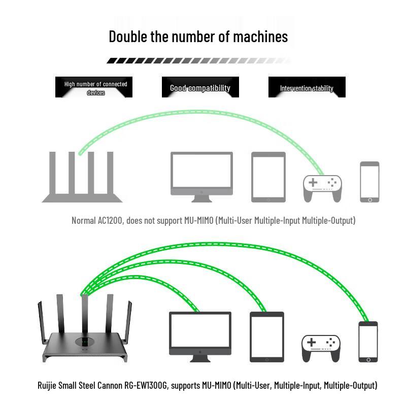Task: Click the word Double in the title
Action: click(128, 37)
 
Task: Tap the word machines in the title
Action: click(260, 37)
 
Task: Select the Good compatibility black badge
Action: click(200, 87)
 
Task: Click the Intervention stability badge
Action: click(307, 87)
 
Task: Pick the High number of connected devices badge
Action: click(94, 87)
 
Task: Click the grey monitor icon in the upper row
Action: click(201, 177)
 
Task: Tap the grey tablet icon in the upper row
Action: click(268, 177)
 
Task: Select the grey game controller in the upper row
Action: click(322, 188)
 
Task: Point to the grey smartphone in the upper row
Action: click(369, 182)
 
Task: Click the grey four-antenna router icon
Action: click(82, 177)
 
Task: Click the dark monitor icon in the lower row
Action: click(200, 337)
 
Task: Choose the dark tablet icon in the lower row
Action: click(267, 337)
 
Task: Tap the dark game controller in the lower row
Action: click(321, 349)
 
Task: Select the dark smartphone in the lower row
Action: click(368, 342)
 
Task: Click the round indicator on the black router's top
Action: click(85, 342)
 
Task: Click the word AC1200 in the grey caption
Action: click(110, 220)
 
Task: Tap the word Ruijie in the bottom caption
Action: click(47, 385)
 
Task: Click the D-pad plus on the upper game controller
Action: click(313, 182)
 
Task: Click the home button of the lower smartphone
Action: click(368, 360)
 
